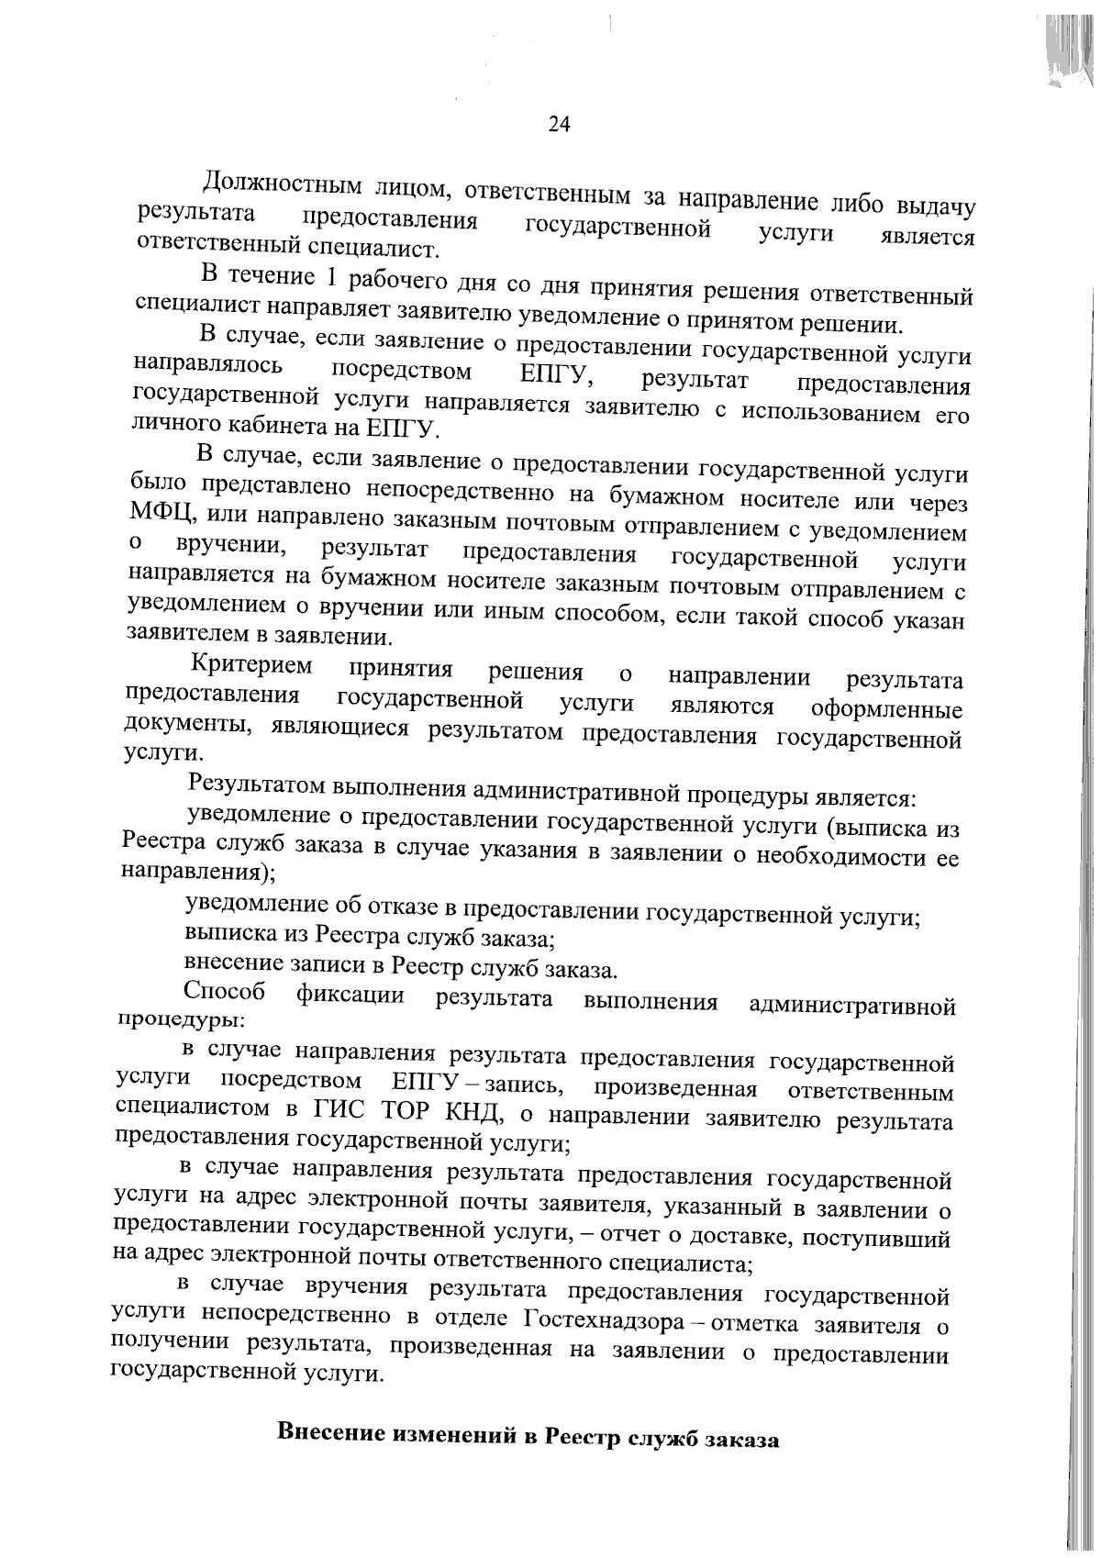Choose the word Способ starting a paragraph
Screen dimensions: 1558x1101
225,992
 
